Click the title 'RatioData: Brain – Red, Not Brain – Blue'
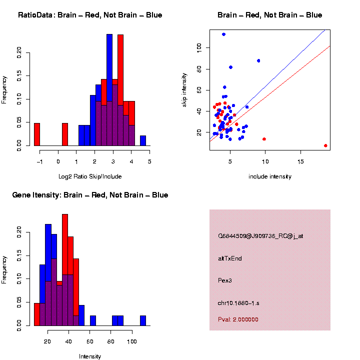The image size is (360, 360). click(90, 15)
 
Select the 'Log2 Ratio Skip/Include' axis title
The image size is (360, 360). click(90, 176)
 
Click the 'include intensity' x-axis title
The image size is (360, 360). click(270, 176)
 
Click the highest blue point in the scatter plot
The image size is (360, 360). click(224, 34)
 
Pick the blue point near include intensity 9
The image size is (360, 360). click(258, 60)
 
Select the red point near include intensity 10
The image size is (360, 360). click(264, 139)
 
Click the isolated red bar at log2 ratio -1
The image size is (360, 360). click(37, 134)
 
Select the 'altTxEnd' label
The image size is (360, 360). click(230, 258)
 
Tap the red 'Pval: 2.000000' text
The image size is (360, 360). click(238, 319)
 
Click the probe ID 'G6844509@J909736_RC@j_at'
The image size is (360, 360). click(260, 236)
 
